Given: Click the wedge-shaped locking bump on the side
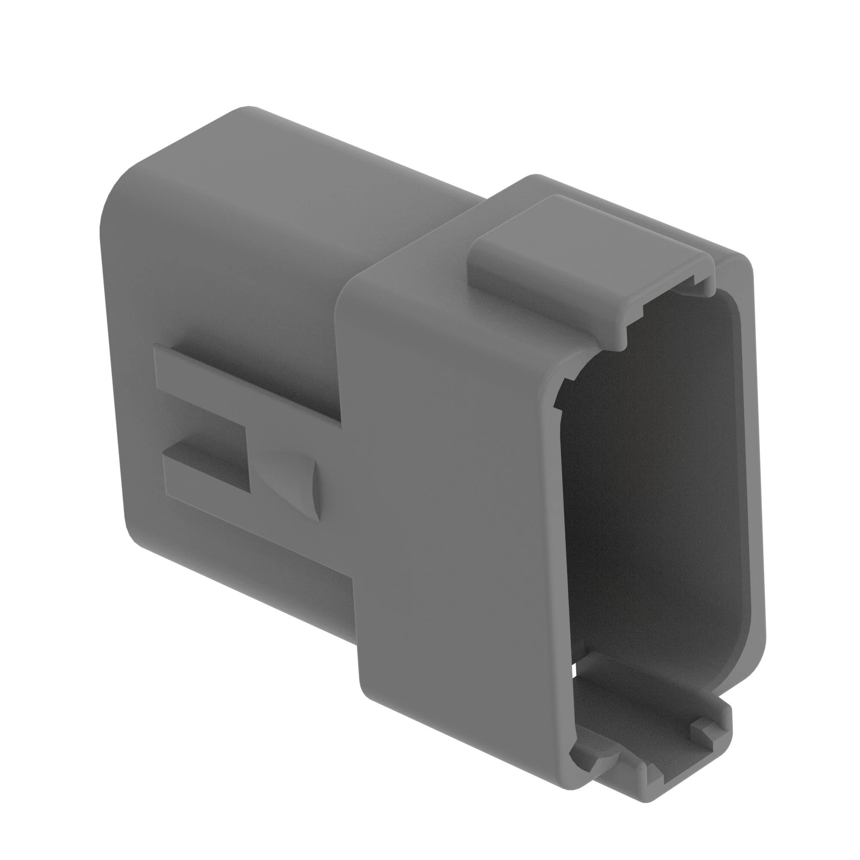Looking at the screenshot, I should [x=294, y=483].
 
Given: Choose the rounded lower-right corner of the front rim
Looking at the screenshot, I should [x=752, y=659].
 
